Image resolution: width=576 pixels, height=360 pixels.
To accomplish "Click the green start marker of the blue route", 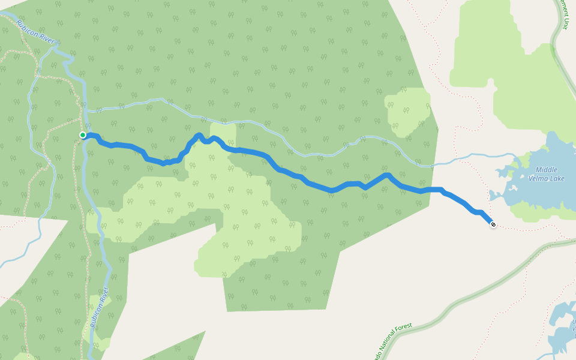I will pyautogui.click(x=83, y=135).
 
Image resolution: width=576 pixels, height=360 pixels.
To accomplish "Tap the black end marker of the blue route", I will pyautogui.click(x=493, y=224).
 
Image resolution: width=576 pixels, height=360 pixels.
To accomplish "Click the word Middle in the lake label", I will pyautogui.click(x=547, y=170).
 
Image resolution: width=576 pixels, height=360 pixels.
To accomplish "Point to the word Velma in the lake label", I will pyautogui.click(x=539, y=178).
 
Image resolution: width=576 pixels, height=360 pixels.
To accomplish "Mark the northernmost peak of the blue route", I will pyautogui.click(x=199, y=135).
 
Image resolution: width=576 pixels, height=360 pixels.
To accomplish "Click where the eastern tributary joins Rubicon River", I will pyautogui.click(x=88, y=112).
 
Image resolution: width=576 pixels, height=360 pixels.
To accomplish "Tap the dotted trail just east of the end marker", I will pyautogui.click(x=522, y=229).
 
